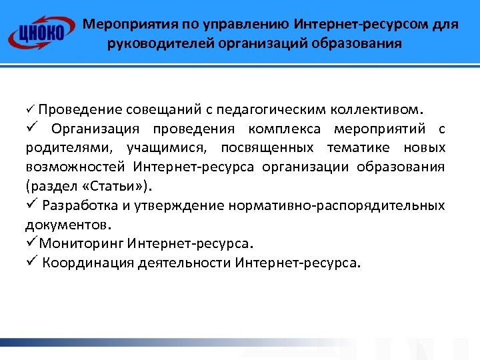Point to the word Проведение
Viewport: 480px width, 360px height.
[79, 109]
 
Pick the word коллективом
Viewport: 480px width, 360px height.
[379, 109]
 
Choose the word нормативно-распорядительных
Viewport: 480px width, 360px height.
[337, 205]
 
